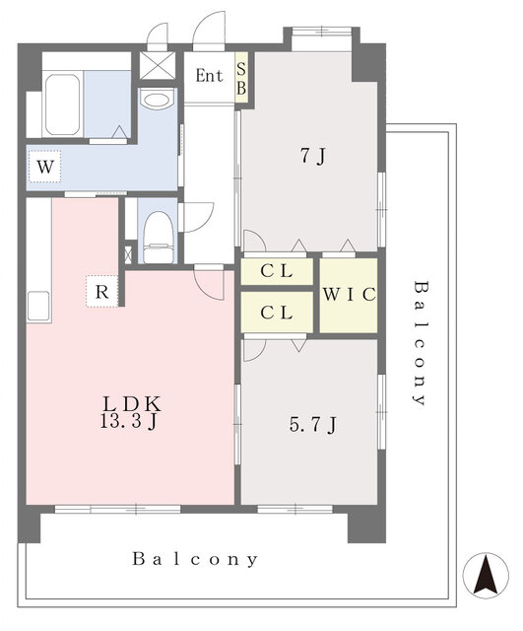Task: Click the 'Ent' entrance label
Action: point(209,76)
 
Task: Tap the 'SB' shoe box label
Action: point(241,79)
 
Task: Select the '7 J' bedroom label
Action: point(313,156)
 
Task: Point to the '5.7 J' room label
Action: point(313,424)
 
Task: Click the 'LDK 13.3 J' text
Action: point(130,413)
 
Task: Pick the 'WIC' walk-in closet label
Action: point(349,295)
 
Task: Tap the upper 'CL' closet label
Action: point(276,272)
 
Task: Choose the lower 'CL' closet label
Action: point(276,313)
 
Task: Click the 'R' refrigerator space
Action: point(101,292)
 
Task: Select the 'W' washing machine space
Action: point(44,167)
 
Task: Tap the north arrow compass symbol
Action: point(486,575)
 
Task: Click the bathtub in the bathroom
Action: point(62,105)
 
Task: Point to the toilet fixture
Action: point(159,239)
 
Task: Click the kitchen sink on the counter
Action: point(38,306)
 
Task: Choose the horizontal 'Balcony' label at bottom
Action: point(195,559)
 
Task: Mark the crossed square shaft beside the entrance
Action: point(158,65)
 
